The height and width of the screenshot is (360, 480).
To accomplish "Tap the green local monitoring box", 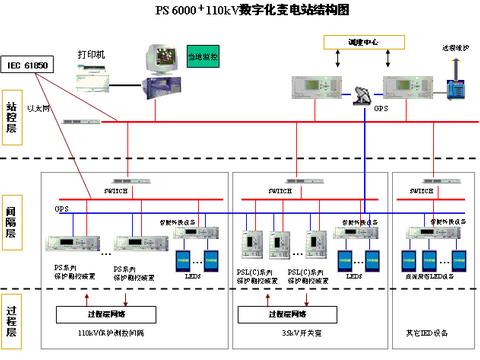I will (x=203, y=61).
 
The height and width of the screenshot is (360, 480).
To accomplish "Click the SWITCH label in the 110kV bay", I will (x=116, y=190).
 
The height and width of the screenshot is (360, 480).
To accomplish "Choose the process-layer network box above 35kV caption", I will (x=279, y=313).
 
